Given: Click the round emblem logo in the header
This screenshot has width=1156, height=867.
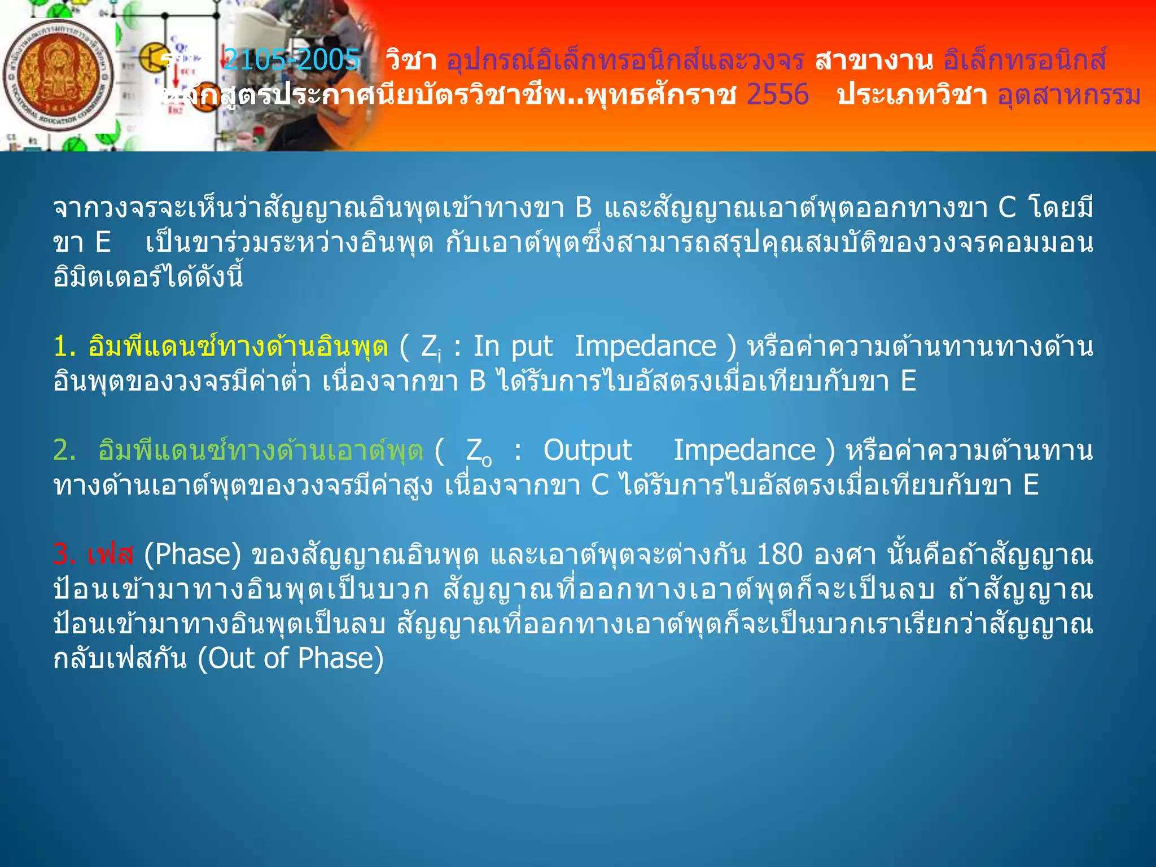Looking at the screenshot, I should click(58, 76).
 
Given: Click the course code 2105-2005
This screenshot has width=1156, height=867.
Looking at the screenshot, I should click(291, 59).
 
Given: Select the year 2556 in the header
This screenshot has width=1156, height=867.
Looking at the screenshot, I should click(777, 94).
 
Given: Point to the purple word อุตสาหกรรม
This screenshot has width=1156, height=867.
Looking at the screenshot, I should click(1069, 95).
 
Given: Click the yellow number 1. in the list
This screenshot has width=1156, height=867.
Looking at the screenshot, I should click(64, 347).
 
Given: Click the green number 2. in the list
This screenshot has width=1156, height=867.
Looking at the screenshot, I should click(64, 450).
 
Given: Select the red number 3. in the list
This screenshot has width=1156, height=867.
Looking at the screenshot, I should click(64, 554).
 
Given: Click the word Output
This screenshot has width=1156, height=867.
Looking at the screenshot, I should click(587, 450).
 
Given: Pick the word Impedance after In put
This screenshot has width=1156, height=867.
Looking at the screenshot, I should click(645, 347).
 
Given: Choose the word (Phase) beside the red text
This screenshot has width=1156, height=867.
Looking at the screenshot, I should click(192, 554).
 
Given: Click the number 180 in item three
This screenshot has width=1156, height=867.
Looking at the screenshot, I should click(779, 554).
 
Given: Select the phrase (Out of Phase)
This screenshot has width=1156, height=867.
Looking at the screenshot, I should click(291, 658).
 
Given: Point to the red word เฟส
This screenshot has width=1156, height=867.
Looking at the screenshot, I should click(111, 554).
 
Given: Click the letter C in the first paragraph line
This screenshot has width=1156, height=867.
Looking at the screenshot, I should click(1007, 208).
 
